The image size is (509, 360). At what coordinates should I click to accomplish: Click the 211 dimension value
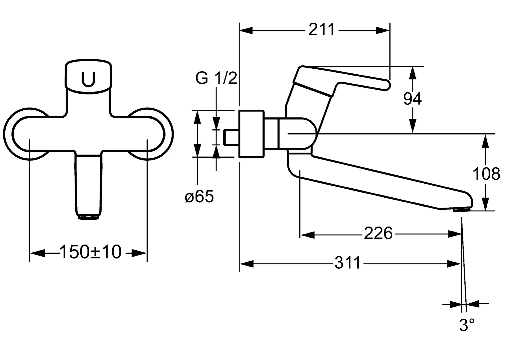coord(321,30)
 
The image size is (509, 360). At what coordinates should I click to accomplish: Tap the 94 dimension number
coord(412,99)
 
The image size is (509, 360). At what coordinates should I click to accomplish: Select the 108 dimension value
coord(486,174)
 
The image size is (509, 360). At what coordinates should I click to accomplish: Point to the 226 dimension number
coord(378,233)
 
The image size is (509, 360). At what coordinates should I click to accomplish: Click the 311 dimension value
coord(347,263)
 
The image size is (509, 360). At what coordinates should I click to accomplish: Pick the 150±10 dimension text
coord(90,252)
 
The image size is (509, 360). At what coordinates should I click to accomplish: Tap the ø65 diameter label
coord(199,196)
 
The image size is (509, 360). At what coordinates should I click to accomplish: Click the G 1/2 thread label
coord(216,78)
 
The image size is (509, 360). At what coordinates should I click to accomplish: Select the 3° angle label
coord(467,325)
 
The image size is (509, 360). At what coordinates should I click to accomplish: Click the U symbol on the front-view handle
coord(88,80)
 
